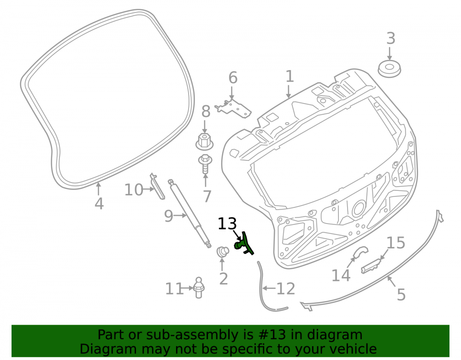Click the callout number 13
click(227, 224)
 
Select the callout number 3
click(390, 39)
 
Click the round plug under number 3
click(389, 70)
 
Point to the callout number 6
click(233, 78)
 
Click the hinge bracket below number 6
click(233, 109)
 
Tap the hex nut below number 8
click(204, 141)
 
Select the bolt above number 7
click(205, 164)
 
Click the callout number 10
click(134, 190)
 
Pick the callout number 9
click(169, 216)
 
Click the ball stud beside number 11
click(199, 288)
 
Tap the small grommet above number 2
click(223, 252)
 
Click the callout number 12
click(286, 289)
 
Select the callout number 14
click(341, 275)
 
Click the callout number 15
click(396, 243)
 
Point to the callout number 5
click(402, 295)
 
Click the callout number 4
click(99, 204)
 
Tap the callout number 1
click(290, 77)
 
